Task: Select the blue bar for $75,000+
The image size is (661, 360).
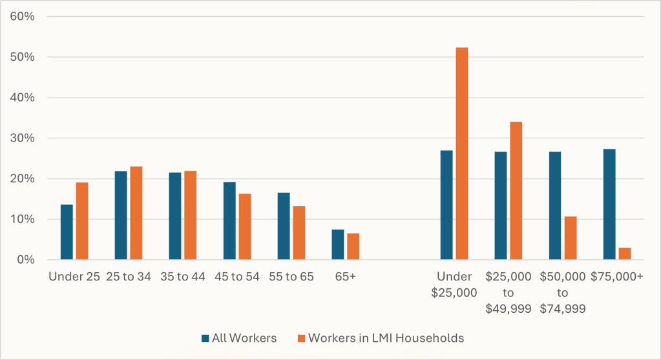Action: tap(609, 204)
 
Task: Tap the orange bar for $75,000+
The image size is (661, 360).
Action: tap(624, 253)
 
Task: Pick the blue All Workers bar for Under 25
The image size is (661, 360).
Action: tap(67, 232)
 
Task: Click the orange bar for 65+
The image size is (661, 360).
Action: tap(353, 246)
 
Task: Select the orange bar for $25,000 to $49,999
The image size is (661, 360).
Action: tap(516, 191)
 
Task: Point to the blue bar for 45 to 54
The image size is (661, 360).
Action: tap(229, 220)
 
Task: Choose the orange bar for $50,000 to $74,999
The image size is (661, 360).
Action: tap(570, 238)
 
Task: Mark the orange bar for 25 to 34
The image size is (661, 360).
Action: tap(136, 213)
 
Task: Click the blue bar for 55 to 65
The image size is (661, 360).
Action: tap(284, 226)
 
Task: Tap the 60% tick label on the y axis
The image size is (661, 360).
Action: tap(22, 16)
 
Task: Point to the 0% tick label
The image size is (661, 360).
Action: tap(25, 260)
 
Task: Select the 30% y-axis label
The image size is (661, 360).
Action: tap(22, 138)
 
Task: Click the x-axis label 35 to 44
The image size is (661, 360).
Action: tap(183, 277)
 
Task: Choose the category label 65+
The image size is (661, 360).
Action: tap(346, 277)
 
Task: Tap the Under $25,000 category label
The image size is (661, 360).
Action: tap(454, 284)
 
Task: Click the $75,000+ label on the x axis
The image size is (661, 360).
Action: tap(617, 277)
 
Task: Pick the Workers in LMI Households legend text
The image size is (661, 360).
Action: tap(386, 337)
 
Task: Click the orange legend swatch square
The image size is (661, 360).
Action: tap(301, 338)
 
